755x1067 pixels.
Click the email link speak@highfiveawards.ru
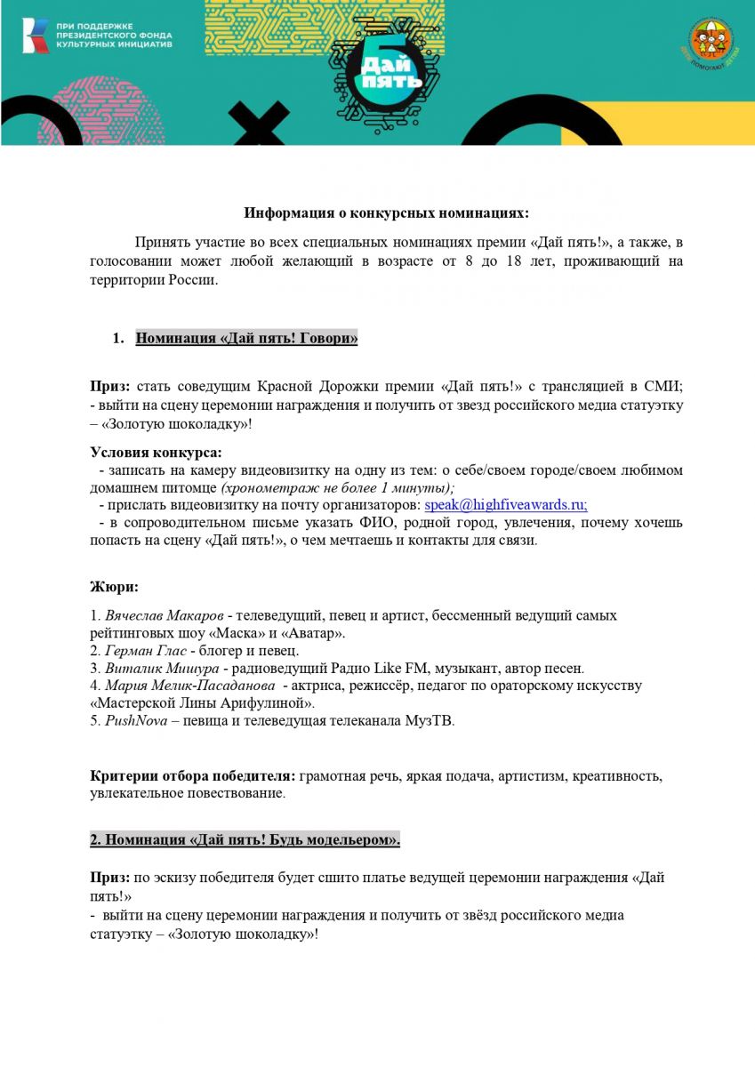point(505,505)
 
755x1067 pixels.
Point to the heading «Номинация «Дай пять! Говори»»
point(246,338)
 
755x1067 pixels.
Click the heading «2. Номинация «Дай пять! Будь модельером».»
point(245,838)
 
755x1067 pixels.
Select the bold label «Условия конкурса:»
point(156,452)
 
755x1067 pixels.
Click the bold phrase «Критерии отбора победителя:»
point(193,776)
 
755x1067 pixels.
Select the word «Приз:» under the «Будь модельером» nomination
point(111,877)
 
